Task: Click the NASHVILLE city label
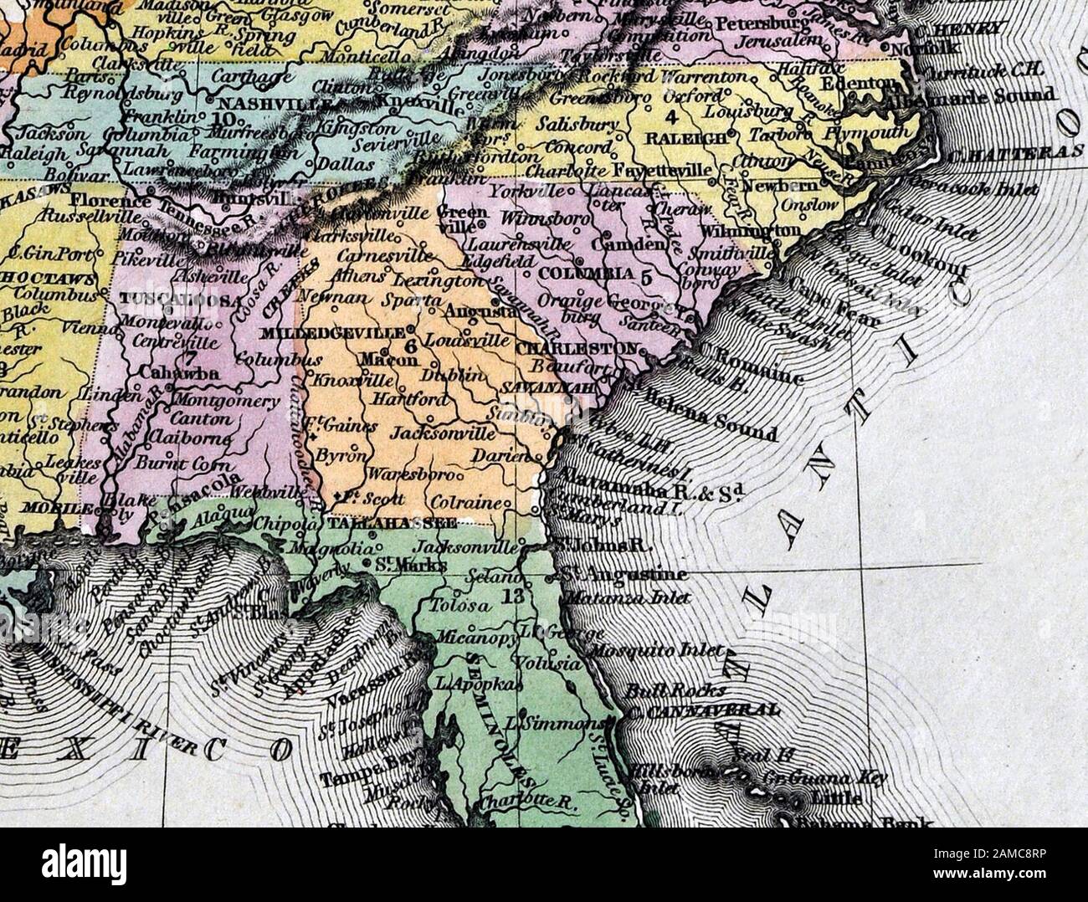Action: (253, 105)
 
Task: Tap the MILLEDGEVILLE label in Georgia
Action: (333, 332)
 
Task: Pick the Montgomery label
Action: (225, 402)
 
